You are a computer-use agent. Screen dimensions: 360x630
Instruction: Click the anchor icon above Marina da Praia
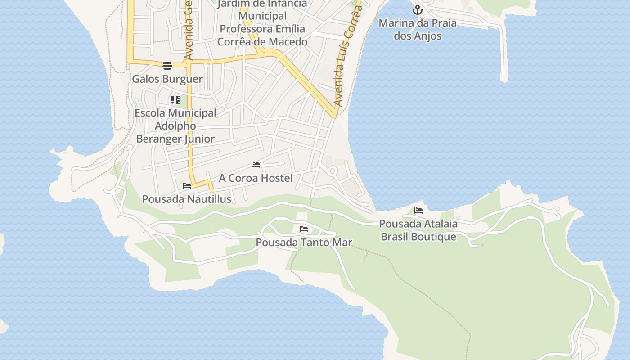click(418, 9)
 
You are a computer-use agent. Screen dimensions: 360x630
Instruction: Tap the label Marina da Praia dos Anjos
click(418, 29)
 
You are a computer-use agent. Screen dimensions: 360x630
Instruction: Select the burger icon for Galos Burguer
click(167, 66)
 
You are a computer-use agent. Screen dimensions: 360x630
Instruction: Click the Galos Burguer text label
click(167, 79)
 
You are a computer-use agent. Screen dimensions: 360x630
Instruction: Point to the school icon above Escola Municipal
click(175, 100)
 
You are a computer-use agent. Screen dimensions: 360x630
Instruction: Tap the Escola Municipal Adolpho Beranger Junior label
click(175, 126)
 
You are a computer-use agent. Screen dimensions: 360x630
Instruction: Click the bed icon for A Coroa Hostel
click(256, 165)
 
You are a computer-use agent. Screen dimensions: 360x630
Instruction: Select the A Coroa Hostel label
click(256, 178)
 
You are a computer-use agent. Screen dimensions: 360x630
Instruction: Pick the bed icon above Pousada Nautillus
click(187, 186)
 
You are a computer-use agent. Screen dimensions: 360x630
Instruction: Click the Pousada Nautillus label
click(187, 199)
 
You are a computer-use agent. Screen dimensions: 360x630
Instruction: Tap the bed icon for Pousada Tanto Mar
click(304, 229)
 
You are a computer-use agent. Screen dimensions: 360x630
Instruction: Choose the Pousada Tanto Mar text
click(304, 243)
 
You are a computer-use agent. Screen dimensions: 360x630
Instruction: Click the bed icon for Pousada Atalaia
click(418, 210)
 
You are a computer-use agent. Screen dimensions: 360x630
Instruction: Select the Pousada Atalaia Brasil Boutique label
click(418, 230)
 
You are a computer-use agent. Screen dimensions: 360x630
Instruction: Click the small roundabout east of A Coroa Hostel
click(333, 171)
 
